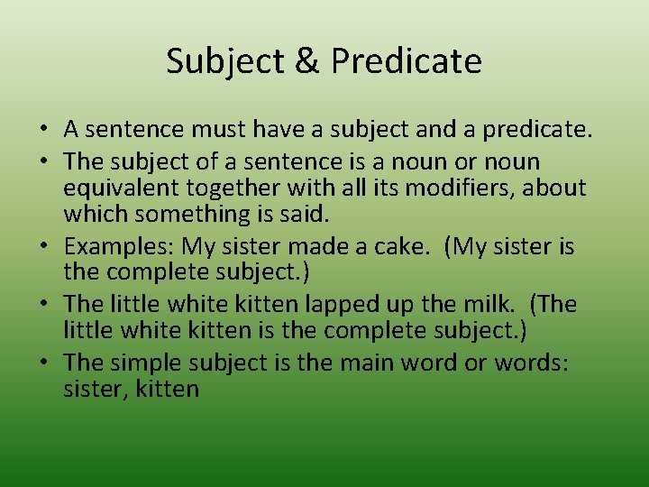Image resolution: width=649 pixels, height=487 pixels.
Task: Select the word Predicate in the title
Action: (407, 61)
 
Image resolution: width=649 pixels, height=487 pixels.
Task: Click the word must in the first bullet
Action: (210, 130)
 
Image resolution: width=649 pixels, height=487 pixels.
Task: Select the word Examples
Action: (120, 246)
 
